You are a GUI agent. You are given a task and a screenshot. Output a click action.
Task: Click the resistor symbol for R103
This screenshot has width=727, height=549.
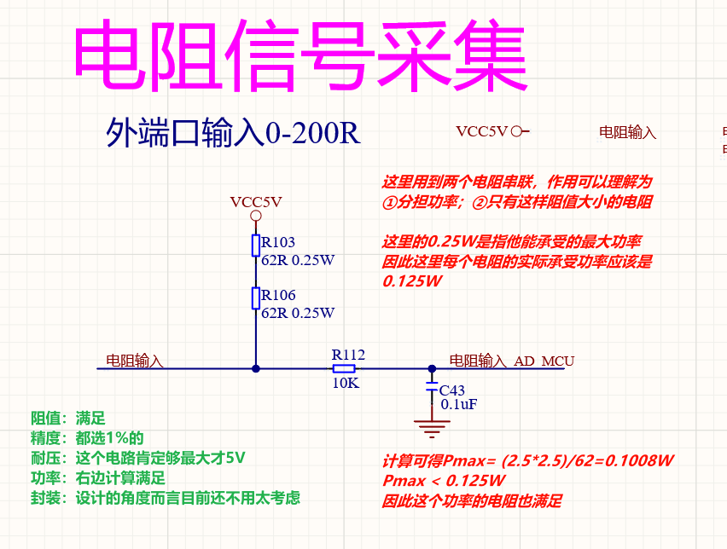pyautogui.click(x=255, y=246)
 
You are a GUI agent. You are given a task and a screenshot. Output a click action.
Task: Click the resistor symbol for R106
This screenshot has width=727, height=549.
pyautogui.click(x=255, y=298)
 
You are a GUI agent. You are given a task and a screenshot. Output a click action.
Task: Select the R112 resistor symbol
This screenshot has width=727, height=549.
pyautogui.click(x=343, y=368)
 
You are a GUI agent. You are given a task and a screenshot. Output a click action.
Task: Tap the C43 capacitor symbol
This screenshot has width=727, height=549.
pyautogui.click(x=432, y=390)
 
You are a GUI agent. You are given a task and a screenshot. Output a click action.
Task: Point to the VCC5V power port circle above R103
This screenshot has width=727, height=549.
pyautogui.click(x=255, y=216)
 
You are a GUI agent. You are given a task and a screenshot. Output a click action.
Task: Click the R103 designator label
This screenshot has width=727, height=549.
pyautogui.click(x=278, y=242)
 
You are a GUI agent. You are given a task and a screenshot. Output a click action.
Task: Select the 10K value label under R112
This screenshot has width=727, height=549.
pyautogui.click(x=346, y=384)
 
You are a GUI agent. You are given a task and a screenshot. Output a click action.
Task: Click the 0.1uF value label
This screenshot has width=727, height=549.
pyautogui.click(x=458, y=405)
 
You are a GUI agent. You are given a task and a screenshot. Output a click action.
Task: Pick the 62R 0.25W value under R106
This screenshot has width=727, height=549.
pyautogui.click(x=298, y=313)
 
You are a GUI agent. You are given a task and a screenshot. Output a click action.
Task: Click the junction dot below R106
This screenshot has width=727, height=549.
pyautogui.click(x=255, y=368)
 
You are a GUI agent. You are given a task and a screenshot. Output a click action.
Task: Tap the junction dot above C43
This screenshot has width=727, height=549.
pyautogui.click(x=432, y=368)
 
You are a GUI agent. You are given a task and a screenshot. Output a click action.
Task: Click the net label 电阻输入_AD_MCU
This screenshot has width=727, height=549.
pyautogui.click(x=511, y=361)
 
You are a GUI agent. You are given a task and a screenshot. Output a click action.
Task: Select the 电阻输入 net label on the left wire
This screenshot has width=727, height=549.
pyautogui.click(x=134, y=361)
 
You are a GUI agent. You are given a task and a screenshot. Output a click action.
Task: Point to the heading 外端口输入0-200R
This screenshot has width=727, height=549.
pyautogui.click(x=233, y=133)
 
